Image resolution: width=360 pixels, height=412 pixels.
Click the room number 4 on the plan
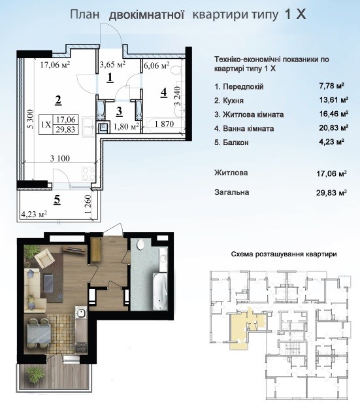164,93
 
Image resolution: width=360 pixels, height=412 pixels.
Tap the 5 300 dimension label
31,120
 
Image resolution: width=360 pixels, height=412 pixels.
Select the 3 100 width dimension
60,158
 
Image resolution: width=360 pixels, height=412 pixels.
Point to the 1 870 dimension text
165,124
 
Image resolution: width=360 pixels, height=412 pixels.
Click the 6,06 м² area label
157,65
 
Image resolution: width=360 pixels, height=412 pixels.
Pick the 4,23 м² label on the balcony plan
34,214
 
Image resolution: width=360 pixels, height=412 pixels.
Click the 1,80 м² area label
126,127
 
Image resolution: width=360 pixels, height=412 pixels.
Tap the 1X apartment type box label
46,124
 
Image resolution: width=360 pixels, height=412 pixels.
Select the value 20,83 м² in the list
333,128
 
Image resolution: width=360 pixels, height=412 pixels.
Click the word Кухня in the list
233,101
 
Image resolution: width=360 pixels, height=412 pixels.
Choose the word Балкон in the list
235,143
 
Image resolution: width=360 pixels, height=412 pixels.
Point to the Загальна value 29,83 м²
332,193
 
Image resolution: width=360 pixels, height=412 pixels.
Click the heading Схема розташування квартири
284,254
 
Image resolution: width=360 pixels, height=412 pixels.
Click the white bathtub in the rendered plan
160,291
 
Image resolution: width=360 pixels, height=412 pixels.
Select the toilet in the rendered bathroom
140,244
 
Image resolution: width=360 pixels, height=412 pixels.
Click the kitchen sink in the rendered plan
80,313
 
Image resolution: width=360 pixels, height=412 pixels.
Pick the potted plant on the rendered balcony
35,373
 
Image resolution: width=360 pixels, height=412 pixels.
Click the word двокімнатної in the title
146,14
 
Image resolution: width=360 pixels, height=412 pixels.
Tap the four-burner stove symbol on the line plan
88,174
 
